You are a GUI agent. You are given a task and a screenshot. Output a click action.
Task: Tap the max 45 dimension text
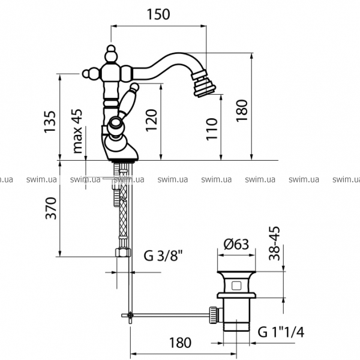(x=77, y=132)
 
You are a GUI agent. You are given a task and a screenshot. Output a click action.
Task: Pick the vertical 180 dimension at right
(x=241, y=111)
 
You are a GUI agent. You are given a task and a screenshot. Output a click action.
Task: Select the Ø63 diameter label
(x=236, y=245)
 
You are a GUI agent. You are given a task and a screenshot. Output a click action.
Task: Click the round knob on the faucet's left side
(x=88, y=74)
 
